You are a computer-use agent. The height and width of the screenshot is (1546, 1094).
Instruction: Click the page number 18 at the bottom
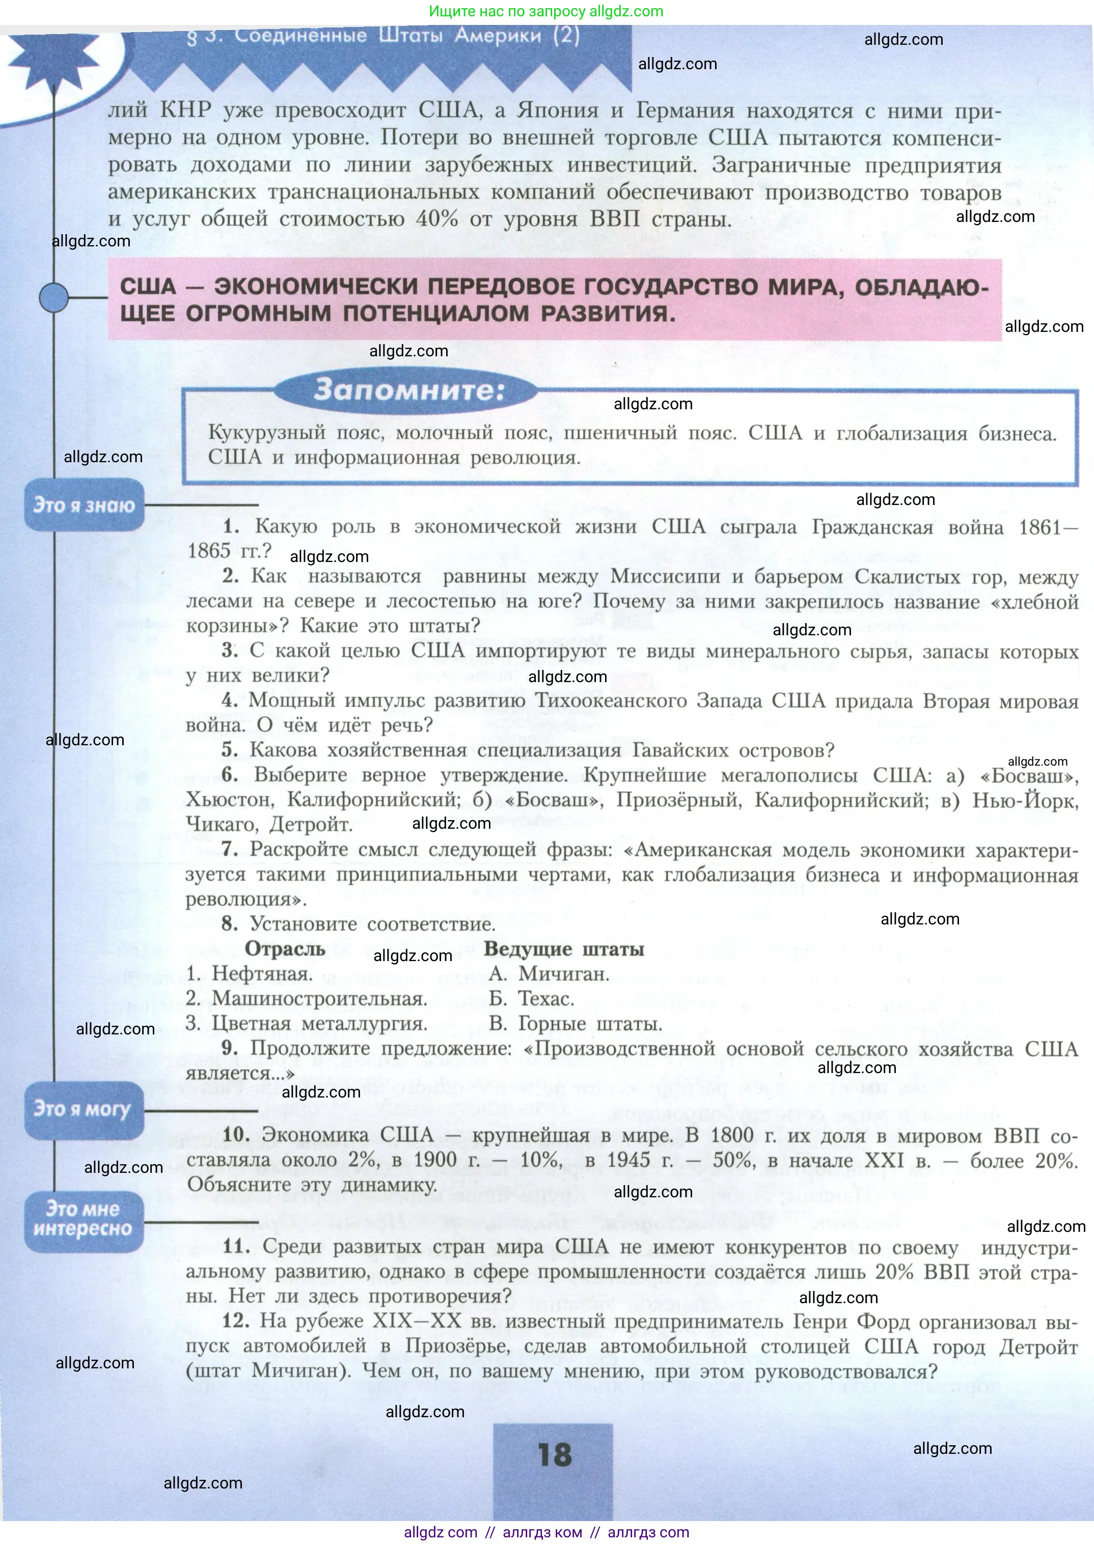[555, 1455]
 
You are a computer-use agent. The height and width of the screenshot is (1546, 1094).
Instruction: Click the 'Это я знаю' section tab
[84, 505]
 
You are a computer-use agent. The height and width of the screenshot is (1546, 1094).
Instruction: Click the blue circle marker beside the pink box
[54, 297]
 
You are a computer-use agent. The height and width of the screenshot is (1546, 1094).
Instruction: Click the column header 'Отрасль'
[284, 949]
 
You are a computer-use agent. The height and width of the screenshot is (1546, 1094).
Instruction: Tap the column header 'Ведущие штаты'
[564, 949]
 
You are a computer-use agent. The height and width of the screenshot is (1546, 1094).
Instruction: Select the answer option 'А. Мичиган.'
[549, 974]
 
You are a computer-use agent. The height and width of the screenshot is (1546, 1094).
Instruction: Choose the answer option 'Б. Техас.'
[532, 999]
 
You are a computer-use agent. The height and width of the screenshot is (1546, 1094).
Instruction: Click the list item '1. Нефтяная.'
[249, 974]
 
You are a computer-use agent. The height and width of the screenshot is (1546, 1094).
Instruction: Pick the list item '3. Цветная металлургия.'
[307, 1024]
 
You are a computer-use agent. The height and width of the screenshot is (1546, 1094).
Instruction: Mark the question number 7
[230, 849]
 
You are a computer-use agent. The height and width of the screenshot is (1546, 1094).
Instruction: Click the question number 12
[236, 1320]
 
